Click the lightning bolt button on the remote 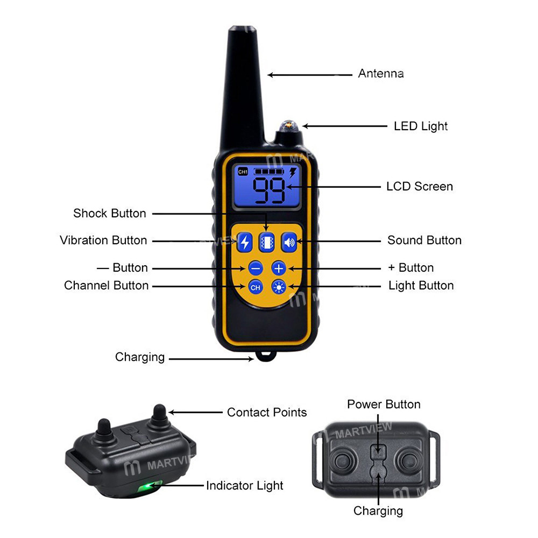[x=245, y=242]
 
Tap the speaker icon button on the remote [x=289, y=242]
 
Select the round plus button [x=279, y=267]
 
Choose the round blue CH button [x=256, y=287]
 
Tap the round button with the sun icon [x=279, y=287]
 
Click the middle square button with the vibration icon [x=267, y=242]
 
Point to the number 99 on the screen [x=269, y=191]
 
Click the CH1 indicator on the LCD [x=243, y=172]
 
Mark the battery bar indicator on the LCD [x=268, y=172]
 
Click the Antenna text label [x=381, y=74]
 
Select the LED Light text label [x=421, y=126]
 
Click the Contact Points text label [x=267, y=413]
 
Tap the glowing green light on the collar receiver [x=146, y=487]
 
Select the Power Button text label [x=384, y=404]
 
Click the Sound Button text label [x=424, y=240]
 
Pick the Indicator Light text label [x=245, y=486]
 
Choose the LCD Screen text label [x=420, y=187]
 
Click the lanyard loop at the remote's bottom [x=264, y=356]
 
